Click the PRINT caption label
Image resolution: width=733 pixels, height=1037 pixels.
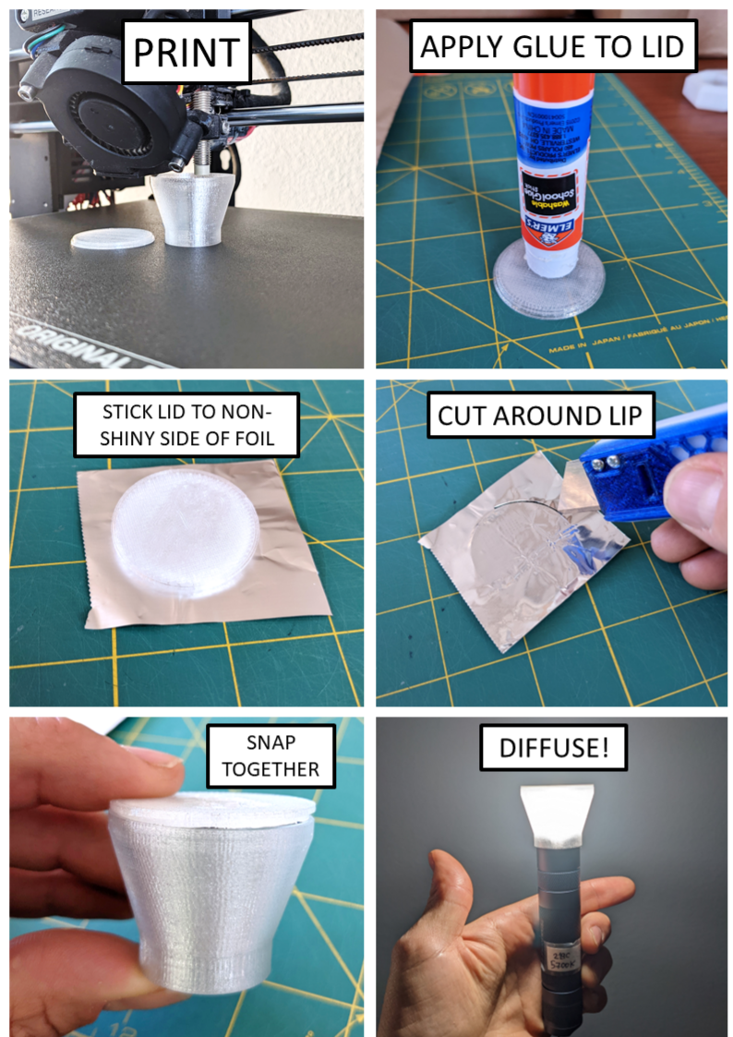pos(187,53)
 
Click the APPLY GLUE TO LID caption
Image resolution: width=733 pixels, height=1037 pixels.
pos(553,47)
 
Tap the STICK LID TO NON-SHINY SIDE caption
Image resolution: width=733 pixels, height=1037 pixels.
pos(187,423)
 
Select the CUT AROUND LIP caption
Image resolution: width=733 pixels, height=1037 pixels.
pos(539,415)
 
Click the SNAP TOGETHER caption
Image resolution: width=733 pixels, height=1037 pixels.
pos(270,755)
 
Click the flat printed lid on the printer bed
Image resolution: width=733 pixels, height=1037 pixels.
pos(113,238)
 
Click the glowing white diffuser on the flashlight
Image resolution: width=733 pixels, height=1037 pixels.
pos(559,817)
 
